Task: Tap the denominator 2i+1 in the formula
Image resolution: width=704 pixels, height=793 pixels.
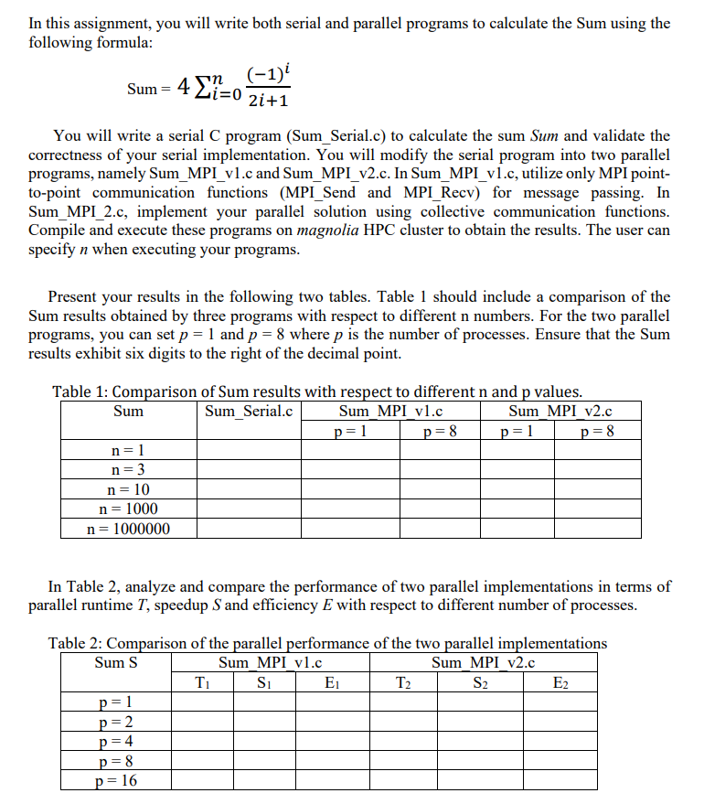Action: point(269,101)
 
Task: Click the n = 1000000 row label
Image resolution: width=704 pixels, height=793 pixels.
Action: point(128,528)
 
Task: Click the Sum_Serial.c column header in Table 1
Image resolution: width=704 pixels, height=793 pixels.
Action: point(249,411)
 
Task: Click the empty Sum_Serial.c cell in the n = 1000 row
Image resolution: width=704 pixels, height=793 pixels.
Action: point(249,509)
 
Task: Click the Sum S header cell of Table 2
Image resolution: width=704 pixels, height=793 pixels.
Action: point(116,661)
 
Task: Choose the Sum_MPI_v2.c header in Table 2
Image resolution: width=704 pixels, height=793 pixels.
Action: point(483,661)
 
